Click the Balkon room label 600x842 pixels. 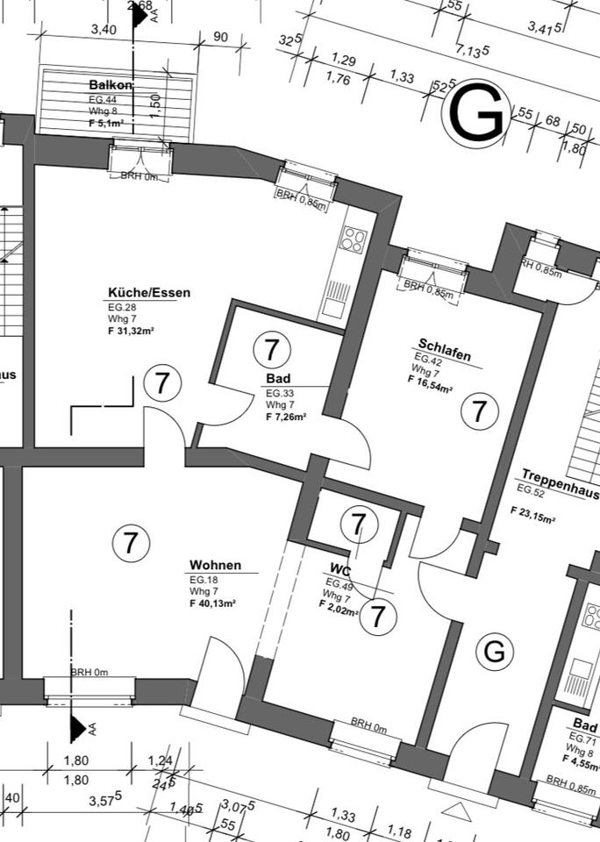click(x=111, y=85)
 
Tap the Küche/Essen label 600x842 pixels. click(x=149, y=293)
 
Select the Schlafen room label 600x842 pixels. click(x=445, y=349)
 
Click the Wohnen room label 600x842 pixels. click(x=215, y=566)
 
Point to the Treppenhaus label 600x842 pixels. click(x=560, y=477)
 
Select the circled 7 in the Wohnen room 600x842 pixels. click(x=131, y=543)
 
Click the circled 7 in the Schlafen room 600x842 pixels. click(x=479, y=410)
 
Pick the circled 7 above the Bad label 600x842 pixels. click(x=272, y=350)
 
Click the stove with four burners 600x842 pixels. click(x=354, y=239)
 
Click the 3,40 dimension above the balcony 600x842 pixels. click(x=103, y=30)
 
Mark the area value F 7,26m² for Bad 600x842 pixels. click(x=286, y=417)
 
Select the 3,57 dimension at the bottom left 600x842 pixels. click(x=107, y=799)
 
